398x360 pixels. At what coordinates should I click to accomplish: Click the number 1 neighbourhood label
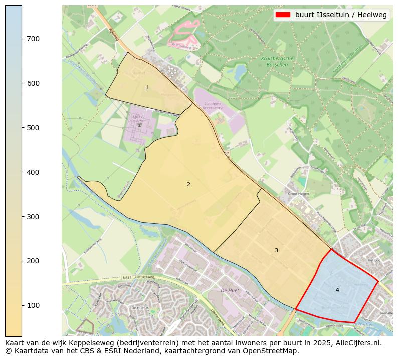(147, 88)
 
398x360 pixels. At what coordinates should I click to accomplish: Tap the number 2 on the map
(188, 184)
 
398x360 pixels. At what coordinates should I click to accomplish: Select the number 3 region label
(276, 250)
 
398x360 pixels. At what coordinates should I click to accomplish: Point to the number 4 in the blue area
(337, 290)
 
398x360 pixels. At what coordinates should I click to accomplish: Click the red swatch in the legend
(283, 15)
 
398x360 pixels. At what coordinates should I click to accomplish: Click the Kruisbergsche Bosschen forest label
(277, 62)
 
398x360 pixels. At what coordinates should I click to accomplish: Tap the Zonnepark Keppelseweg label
(213, 106)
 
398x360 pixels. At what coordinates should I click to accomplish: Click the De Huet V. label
(140, 307)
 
